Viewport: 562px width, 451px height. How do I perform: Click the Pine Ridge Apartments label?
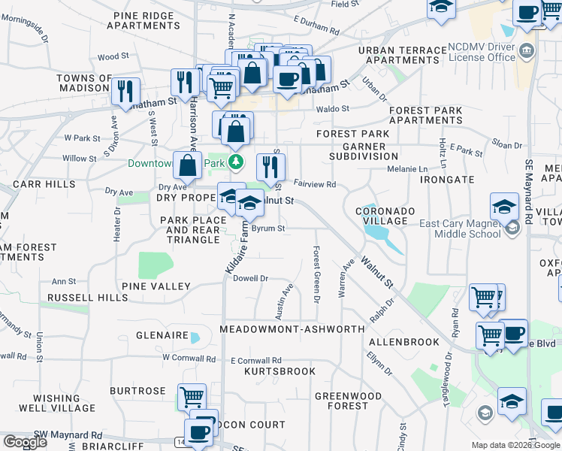click(x=144, y=20)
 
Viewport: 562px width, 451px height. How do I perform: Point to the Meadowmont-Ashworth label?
click(x=292, y=329)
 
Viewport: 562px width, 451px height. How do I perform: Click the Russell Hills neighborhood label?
click(x=87, y=298)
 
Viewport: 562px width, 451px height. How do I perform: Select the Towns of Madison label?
click(x=84, y=83)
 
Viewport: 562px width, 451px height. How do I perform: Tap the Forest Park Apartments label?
click(x=425, y=115)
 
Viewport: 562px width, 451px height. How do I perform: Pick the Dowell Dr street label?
click(x=251, y=278)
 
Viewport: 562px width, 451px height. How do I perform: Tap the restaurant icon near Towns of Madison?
click(x=125, y=90)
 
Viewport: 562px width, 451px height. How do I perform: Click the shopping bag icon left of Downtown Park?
click(x=187, y=164)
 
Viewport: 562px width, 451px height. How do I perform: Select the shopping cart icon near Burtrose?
click(x=192, y=395)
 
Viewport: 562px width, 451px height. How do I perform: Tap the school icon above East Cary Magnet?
click(x=504, y=205)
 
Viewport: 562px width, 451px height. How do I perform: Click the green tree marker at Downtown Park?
click(x=237, y=162)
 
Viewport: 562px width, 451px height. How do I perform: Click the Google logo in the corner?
click(x=26, y=442)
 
